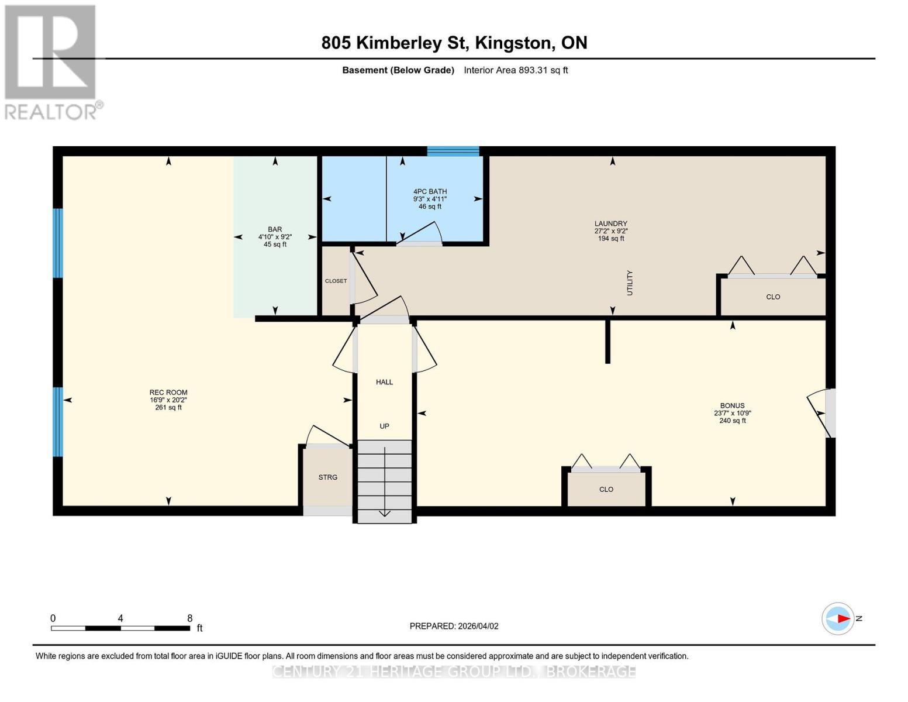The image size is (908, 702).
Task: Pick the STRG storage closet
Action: click(327, 477)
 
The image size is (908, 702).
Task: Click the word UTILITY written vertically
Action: click(630, 283)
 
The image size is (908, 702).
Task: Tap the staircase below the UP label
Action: click(384, 480)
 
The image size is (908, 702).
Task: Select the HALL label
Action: click(384, 382)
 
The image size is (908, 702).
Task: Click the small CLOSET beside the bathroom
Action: click(336, 281)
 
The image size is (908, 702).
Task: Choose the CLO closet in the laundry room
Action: click(772, 297)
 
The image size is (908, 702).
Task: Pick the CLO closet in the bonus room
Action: click(606, 489)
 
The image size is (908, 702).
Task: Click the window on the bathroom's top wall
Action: click(453, 152)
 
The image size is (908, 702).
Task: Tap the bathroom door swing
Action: click(421, 233)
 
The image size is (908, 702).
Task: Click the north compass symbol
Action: click(838, 618)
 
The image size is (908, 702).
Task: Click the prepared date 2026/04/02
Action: click(454, 626)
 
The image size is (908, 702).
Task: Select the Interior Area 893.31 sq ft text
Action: click(516, 70)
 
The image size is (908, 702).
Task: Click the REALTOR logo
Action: click(51, 61)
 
